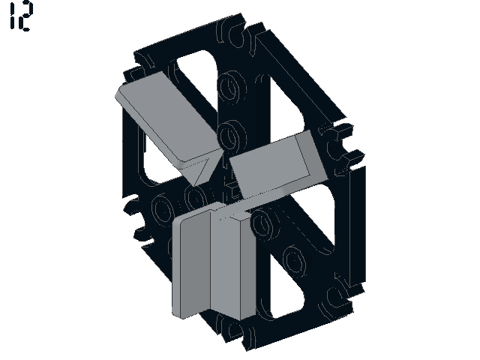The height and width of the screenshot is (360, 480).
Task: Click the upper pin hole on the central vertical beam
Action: coord(232,85)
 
